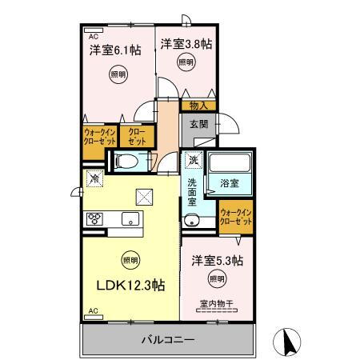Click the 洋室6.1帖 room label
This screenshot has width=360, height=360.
115,49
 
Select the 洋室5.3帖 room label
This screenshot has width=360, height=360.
217,260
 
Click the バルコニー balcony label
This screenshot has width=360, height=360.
169,340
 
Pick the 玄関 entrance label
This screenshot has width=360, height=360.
199,124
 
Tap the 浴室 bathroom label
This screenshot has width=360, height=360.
230,183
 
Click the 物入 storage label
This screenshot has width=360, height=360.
198,105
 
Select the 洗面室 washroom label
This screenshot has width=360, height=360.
193,193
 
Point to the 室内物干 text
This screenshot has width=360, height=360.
216,304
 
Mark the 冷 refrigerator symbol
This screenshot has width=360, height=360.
94,178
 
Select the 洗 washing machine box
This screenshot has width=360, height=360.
193,160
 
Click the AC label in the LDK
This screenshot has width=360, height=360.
92,310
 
